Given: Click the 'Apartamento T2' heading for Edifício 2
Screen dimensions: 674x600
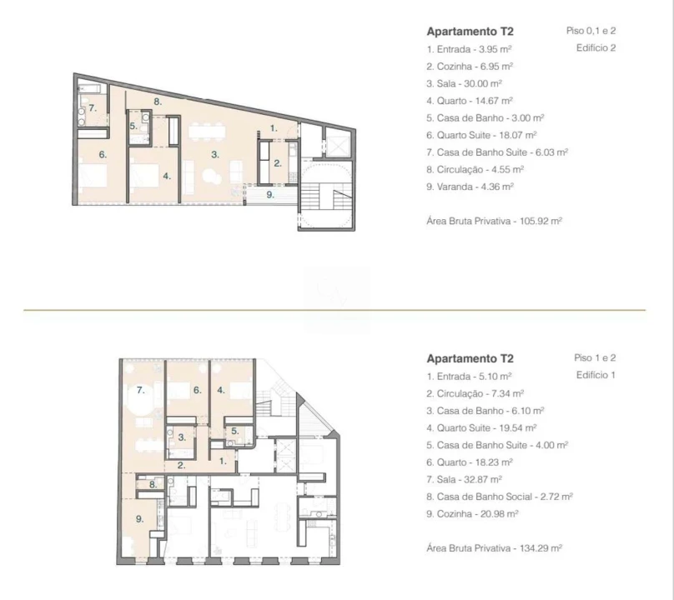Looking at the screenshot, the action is coord(470,32).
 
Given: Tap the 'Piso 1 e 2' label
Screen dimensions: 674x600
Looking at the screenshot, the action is coord(595,357).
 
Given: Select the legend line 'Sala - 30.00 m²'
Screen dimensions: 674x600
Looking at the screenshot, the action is coord(465,83).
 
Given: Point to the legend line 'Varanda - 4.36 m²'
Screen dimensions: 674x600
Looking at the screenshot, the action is coord(470,187).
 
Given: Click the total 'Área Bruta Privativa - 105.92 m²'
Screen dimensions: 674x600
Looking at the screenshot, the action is coord(495,221).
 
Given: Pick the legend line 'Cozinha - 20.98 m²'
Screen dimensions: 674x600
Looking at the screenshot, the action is coord(472,513).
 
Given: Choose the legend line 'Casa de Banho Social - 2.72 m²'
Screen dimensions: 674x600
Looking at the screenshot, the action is coord(500,497).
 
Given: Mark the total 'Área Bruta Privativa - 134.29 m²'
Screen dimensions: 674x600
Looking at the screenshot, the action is coord(495,548).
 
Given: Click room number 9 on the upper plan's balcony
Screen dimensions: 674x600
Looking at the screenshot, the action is coord(270,194).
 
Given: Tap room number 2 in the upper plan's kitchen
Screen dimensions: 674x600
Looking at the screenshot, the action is coord(278,163).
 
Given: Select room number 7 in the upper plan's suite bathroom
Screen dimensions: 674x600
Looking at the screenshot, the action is coord(93,108).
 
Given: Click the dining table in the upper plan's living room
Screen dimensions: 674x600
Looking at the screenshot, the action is coord(207,131).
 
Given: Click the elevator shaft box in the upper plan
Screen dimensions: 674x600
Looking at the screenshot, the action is coord(339,142).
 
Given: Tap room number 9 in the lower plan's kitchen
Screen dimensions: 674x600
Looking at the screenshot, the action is coord(139,519).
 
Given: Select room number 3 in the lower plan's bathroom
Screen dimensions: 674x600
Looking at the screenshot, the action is coord(182,437).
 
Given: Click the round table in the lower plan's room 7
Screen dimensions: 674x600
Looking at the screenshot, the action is coord(142,399).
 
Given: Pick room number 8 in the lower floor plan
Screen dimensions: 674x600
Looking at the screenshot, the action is coord(153,484).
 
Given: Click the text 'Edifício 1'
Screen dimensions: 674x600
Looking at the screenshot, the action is coord(596,375).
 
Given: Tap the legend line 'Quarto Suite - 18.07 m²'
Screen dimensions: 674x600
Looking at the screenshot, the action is coord(481,135).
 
